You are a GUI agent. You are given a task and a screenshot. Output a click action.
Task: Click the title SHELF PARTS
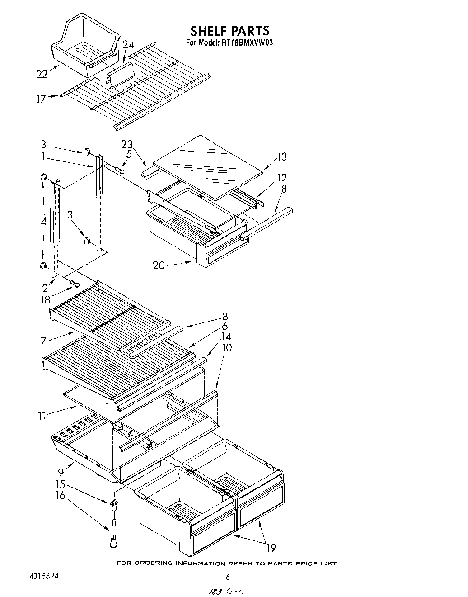click(x=229, y=31)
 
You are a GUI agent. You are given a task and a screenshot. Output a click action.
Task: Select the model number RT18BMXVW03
click(x=248, y=43)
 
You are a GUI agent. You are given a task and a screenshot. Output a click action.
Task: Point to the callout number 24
click(x=128, y=44)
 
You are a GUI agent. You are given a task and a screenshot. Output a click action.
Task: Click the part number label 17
click(x=41, y=99)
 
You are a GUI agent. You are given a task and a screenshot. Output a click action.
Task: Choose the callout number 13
click(x=282, y=157)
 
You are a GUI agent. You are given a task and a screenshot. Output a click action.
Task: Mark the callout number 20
click(x=159, y=265)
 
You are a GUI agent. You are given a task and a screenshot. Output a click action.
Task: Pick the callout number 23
click(x=126, y=145)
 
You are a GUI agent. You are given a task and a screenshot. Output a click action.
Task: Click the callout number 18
click(x=46, y=299)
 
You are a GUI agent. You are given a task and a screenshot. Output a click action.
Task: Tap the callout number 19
click(x=271, y=549)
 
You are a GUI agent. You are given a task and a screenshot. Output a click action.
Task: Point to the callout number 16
click(x=60, y=495)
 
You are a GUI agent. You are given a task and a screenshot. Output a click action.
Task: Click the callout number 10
click(x=227, y=347)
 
